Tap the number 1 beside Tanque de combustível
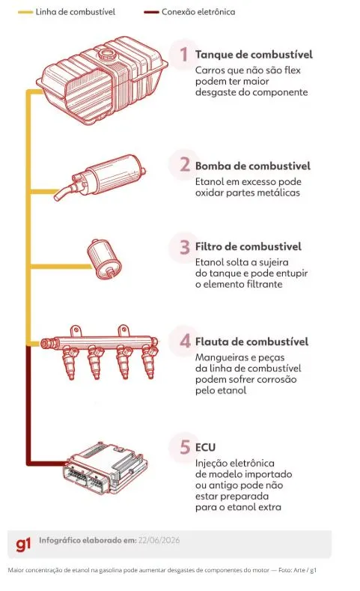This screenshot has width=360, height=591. click(184, 54)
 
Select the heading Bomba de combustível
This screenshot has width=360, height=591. click(253, 166)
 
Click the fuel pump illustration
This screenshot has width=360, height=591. click(100, 176)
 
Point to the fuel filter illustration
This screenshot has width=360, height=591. click(103, 259)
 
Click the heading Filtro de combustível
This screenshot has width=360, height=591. click(248, 246)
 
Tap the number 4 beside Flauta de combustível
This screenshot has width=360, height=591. click(185, 341)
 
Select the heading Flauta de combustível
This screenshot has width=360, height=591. click(251, 342)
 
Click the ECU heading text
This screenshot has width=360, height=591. click(205, 447)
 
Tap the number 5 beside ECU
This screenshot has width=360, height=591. click(185, 447)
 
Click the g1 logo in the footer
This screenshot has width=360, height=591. click(23, 545)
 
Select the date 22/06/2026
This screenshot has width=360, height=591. click(159, 540)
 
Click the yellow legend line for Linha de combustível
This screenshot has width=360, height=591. click(25, 12)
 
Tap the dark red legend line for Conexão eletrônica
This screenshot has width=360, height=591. click(151, 12)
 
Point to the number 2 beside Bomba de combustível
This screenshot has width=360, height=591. click(185, 164)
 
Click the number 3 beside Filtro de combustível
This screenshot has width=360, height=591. click(185, 247)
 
